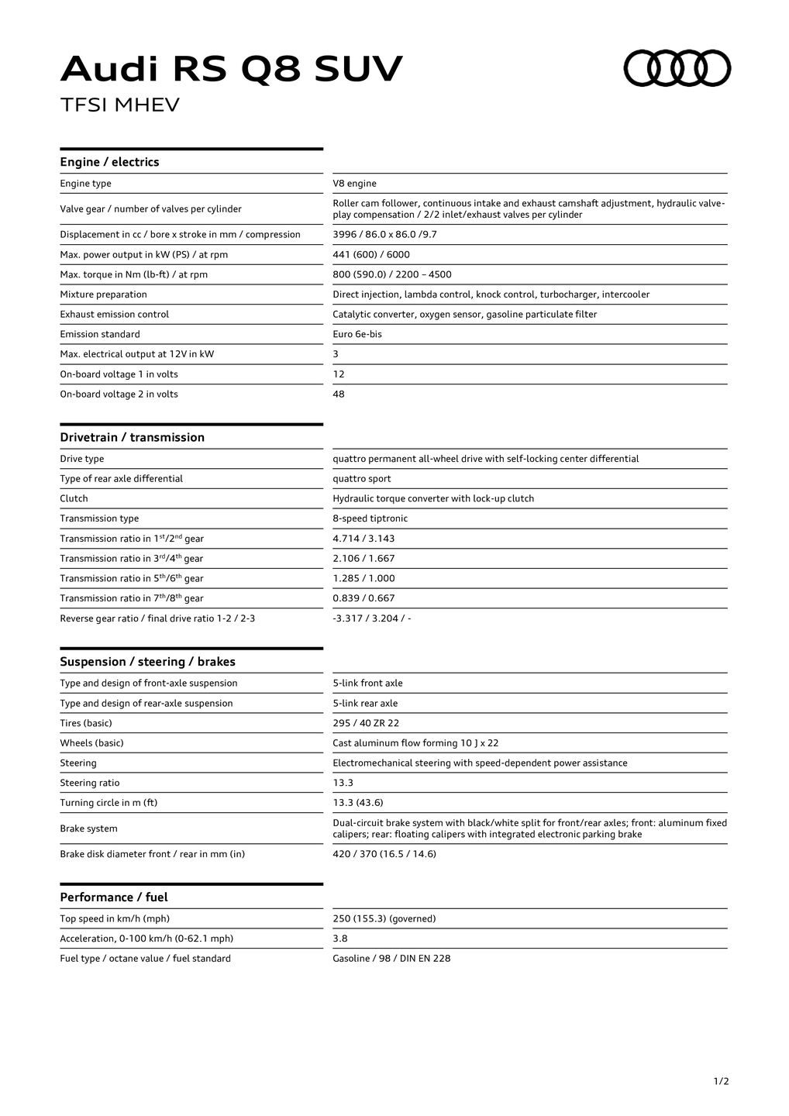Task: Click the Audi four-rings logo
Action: coord(677,68)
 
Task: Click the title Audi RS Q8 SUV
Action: coord(231,69)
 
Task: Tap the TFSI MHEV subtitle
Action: coord(119,105)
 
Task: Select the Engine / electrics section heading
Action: coord(109,162)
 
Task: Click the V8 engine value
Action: coord(354,184)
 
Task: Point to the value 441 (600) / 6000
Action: coord(371,254)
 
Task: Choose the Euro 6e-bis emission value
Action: coord(357,334)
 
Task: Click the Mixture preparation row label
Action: coord(103,294)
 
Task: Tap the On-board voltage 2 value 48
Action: coord(339,394)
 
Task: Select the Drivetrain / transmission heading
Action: coord(132,437)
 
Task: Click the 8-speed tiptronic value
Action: coord(370,518)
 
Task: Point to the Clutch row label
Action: coord(74,498)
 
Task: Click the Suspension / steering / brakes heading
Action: coord(147,662)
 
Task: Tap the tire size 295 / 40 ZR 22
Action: coord(366,723)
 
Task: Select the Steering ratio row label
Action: coord(90,783)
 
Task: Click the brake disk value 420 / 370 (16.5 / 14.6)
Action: coord(384,854)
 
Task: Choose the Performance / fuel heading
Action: coord(113,897)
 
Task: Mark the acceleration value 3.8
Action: coord(339,939)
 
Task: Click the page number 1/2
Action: coord(721,1081)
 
